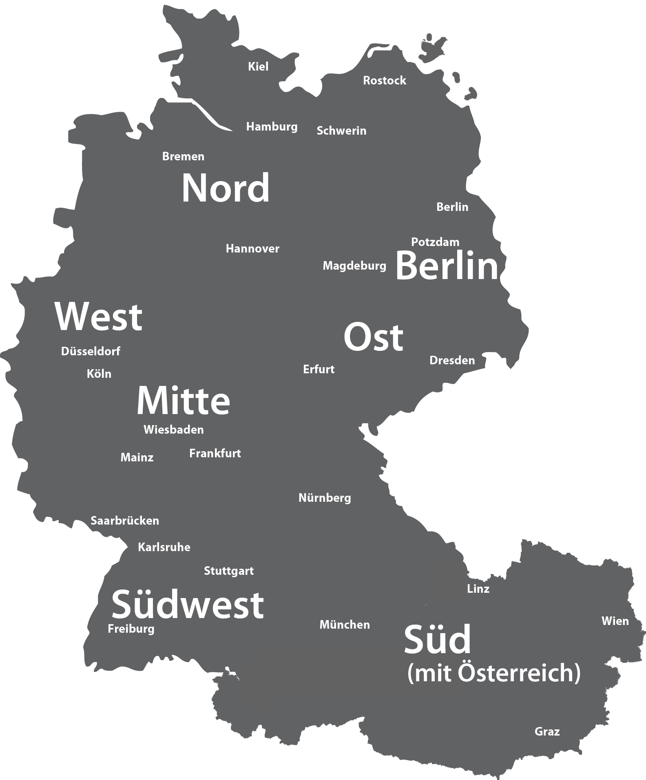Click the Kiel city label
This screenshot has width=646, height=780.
tap(258, 66)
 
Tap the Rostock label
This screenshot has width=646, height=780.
tap(385, 81)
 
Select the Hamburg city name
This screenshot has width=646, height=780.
tap(272, 127)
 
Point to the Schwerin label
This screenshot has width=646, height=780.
tap(341, 131)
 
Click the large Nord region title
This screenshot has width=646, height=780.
tap(226, 188)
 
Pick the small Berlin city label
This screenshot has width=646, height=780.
tap(452, 207)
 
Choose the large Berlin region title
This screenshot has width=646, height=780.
tap(447, 266)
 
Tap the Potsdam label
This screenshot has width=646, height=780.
tap(435, 242)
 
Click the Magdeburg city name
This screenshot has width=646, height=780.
tap(354, 266)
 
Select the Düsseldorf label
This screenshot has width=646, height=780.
tap(91, 351)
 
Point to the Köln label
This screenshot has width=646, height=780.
tap(99, 374)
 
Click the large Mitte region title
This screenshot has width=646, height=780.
tap(183, 401)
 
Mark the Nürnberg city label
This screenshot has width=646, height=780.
tap(325, 498)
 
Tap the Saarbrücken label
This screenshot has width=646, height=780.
tap(125, 521)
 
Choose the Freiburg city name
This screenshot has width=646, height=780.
tap(131, 629)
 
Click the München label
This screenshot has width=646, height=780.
tap(345, 625)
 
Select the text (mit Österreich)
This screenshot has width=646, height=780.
tap(494, 673)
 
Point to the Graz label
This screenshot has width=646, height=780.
tap(547, 731)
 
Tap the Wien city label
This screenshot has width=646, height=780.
tap(615, 621)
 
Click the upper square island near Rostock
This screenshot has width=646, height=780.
tap(434, 50)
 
